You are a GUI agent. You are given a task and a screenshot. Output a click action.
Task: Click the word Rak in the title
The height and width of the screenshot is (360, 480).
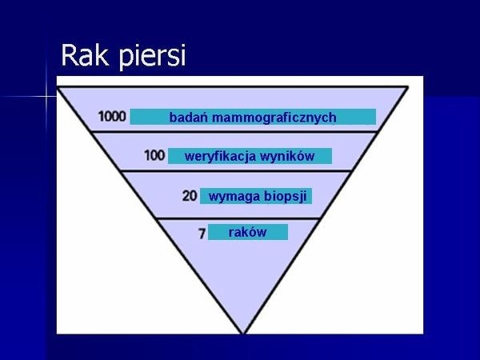click(85, 55)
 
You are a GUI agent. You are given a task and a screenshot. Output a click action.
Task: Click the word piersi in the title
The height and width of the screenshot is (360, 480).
click(152, 57)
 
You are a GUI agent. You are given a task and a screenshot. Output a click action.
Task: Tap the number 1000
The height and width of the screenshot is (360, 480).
click(112, 117)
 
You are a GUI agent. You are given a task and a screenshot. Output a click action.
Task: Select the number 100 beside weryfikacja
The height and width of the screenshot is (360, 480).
click(154, 155)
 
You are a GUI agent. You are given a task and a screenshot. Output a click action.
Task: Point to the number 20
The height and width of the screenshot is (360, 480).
click(190, 196)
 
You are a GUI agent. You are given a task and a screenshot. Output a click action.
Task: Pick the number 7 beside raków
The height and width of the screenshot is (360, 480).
click(202, 234)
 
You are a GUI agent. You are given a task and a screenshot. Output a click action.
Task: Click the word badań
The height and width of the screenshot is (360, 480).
click(188, 118)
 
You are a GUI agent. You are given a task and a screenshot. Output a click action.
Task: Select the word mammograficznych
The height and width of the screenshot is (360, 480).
click(274, 118)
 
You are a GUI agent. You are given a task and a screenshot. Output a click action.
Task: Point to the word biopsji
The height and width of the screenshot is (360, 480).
click(286, 196)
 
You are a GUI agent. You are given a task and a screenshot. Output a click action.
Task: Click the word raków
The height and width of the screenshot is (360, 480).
click(247, 232)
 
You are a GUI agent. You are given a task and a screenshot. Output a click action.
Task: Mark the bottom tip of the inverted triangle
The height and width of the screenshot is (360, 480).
click(243, 334)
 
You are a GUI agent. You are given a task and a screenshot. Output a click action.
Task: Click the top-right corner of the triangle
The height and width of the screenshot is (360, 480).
click(407, 87)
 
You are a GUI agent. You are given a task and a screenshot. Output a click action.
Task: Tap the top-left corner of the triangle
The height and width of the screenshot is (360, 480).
click(58, 87)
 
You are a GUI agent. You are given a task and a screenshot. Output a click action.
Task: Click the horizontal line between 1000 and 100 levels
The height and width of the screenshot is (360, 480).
click(234, 132)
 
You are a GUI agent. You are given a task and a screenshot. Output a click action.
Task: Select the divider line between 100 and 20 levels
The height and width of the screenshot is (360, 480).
click(236, 171)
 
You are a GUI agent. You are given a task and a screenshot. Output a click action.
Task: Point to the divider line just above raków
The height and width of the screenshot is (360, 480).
click(238, 218)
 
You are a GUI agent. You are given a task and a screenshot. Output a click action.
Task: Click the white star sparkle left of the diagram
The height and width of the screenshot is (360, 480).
click(46, 97)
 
